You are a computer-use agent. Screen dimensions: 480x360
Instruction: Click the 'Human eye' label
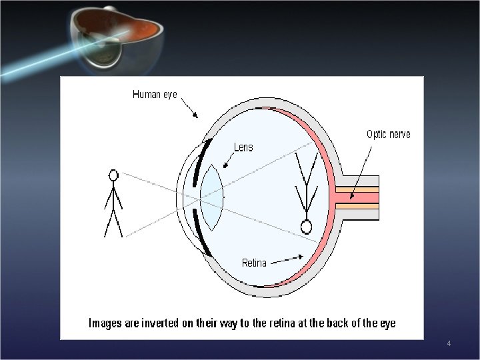click(x=155, y=95)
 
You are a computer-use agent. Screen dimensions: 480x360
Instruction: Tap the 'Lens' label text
click(x=243, y=147)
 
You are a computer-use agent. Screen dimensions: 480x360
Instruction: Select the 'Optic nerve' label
click(x=389, y=134)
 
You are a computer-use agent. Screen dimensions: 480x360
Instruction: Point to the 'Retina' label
click(x=254, y=263)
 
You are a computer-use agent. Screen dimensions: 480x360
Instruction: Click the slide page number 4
click(x=449, y=343)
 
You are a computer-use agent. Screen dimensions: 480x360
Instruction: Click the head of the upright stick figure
click(x=113, y=175)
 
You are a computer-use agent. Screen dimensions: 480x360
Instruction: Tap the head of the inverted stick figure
click(x=306, y=227)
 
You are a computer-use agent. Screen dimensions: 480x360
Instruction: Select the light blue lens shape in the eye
click(x=211, y=197)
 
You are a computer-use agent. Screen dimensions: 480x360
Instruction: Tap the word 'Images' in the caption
click(x=105, y=323)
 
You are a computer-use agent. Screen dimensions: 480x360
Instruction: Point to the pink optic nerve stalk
click(x=357, y=197)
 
